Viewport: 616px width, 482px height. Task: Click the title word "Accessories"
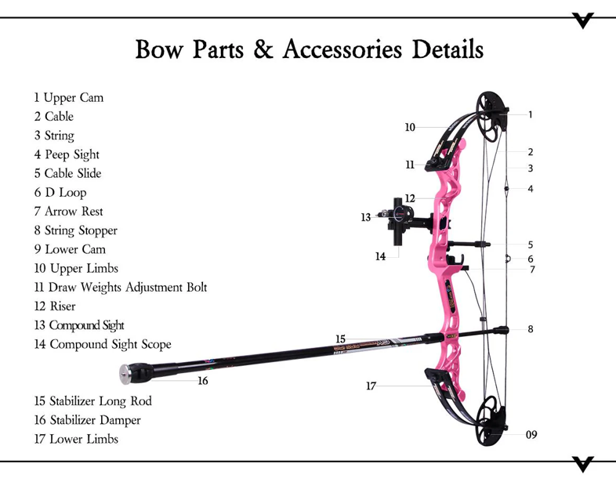[336, 49]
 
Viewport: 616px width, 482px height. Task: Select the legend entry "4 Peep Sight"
[67, 154]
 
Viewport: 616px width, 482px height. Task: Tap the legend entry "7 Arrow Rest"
[68, 212]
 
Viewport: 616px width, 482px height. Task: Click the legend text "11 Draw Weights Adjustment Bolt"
[120, 288]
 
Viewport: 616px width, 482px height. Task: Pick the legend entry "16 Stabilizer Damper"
[87, 420]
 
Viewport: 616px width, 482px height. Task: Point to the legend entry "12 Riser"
[55, 306]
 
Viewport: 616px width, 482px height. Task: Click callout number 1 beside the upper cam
[531, 114]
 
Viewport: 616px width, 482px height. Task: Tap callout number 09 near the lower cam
[531, 434]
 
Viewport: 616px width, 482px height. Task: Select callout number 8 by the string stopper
[531, 329]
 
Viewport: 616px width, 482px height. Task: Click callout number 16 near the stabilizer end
[202, 381]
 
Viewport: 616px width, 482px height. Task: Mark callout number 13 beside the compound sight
[366, 217]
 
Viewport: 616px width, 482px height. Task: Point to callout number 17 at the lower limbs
[371, 386]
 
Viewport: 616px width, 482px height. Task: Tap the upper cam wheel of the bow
[490, 115]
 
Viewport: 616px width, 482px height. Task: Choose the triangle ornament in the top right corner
[583, 20]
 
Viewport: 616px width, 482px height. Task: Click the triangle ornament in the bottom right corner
[583, 463]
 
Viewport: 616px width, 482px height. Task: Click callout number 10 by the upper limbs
[410, 127]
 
